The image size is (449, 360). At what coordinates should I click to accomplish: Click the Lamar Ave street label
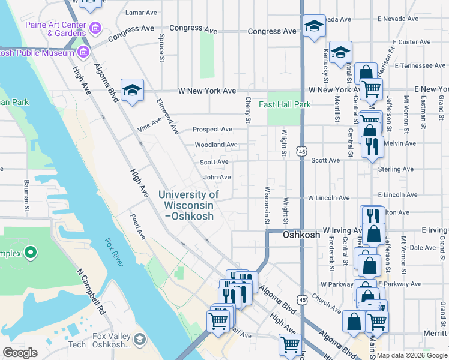(x=140, y=12)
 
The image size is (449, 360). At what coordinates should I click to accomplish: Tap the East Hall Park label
(x=285, y=105)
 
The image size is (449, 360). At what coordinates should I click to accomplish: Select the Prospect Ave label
(x=212, y=130)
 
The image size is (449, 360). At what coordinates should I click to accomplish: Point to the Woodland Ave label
(x=215, y=145)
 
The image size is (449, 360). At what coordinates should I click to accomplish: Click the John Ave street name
(x=217, y=178)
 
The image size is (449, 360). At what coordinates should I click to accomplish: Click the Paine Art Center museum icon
(x=94, y=28)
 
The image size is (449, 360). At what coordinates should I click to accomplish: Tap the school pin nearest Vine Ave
(x=132, y=91)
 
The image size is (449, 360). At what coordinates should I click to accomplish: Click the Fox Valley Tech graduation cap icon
(x=140, y=340)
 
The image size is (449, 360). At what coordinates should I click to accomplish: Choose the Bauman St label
(x=26, y=195)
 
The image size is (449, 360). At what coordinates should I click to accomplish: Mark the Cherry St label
(x=248, y=110)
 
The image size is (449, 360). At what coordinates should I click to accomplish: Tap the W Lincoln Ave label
(x=328, y=197)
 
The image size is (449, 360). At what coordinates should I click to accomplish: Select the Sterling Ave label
(x=396, y=170)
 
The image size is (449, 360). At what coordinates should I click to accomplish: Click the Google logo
(x=20, y=352)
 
